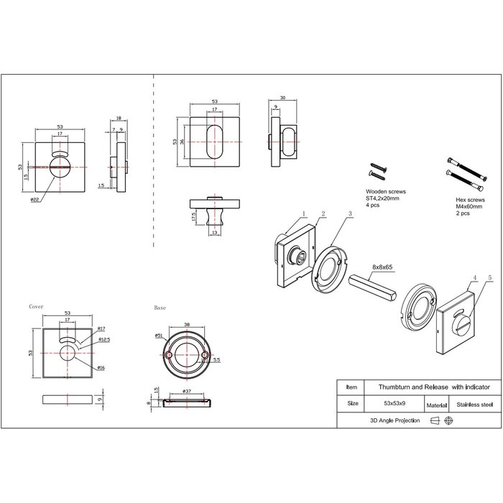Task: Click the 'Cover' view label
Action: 36,306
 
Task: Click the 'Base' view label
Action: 160,308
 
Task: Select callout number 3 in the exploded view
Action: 349,214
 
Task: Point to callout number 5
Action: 490,277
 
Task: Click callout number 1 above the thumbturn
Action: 305,213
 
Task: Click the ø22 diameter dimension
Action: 34,200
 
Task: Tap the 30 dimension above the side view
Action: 283,98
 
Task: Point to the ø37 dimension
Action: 188,391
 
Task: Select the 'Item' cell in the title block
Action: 351,386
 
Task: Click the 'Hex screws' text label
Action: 470,202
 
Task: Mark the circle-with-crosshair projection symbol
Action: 449,421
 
